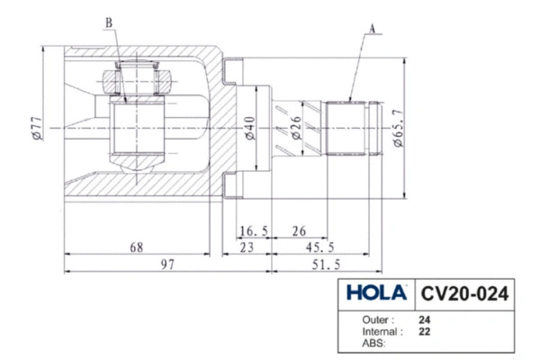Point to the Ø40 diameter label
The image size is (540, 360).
tap(249, 129)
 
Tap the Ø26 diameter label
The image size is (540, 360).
tap(296, 129)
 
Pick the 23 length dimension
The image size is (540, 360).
tap(245, 247)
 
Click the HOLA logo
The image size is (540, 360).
tap(373, 293)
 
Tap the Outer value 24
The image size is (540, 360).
tap(424, 319)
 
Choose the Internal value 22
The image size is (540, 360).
tap(424, 331)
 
